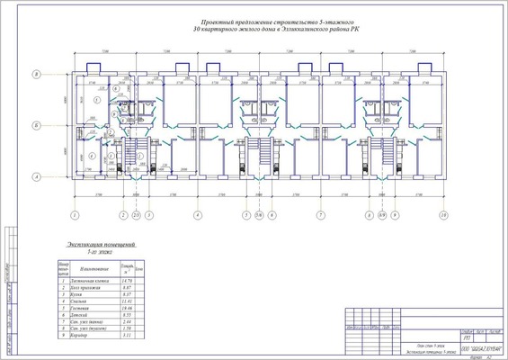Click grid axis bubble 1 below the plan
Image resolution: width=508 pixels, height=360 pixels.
tap(76, 216)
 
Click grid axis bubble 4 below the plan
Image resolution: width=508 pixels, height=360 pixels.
tap(197, 216)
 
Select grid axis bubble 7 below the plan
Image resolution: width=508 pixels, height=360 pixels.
tap(320, 216)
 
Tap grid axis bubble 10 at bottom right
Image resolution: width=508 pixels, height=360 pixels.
tap(443, 216)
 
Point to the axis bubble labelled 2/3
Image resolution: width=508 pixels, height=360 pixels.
tap(136, 216)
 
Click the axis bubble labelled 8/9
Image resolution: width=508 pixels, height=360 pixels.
tap(382, 216)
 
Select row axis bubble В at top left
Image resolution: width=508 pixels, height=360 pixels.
tap(36, 74)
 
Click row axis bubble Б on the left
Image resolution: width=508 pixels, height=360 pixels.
tap(36, 125)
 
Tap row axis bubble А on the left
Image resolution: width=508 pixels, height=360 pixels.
tap(36, 176)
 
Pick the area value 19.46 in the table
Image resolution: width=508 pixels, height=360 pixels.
tap(127, 308)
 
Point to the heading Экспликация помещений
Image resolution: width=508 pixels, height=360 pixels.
tap(101, 245)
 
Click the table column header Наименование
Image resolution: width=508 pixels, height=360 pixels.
tap(94, 269)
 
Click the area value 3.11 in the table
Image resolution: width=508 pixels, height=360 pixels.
tap(127, 335)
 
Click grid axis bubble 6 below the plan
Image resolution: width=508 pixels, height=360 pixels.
tap(271, 216)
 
